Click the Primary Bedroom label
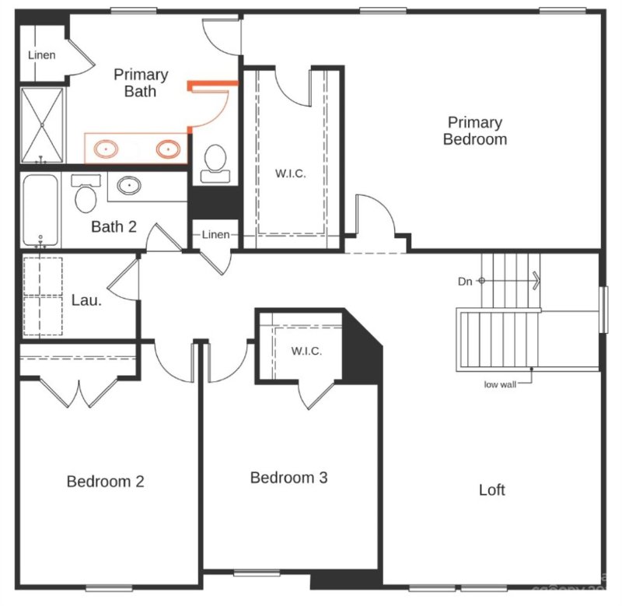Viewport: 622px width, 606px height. pos(475,131)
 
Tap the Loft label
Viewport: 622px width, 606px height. pos(491,489)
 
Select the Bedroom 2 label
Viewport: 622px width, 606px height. pos(105,481)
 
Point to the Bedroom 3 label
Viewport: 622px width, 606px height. pos(288,477)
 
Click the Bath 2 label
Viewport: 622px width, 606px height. pos(114,227)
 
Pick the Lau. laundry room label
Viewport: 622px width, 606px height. pos(86,299)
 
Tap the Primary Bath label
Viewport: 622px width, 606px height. pos(141,82)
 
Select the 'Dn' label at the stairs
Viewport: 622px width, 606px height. pos(465,281)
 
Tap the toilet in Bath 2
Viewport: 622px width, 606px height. pos(86,195)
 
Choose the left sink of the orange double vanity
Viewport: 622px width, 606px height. pos(104,148)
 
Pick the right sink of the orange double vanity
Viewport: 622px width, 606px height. pos(166,148)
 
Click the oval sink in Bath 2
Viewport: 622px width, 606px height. pos(128,186)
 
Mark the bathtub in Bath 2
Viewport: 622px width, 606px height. pos(40,208)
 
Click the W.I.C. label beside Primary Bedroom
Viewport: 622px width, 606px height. pos(290,173)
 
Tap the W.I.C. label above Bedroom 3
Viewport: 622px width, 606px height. pos(306,351)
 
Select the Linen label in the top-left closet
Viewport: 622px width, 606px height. pos(41,55)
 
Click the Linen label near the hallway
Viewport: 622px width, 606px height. pos(215,234)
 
